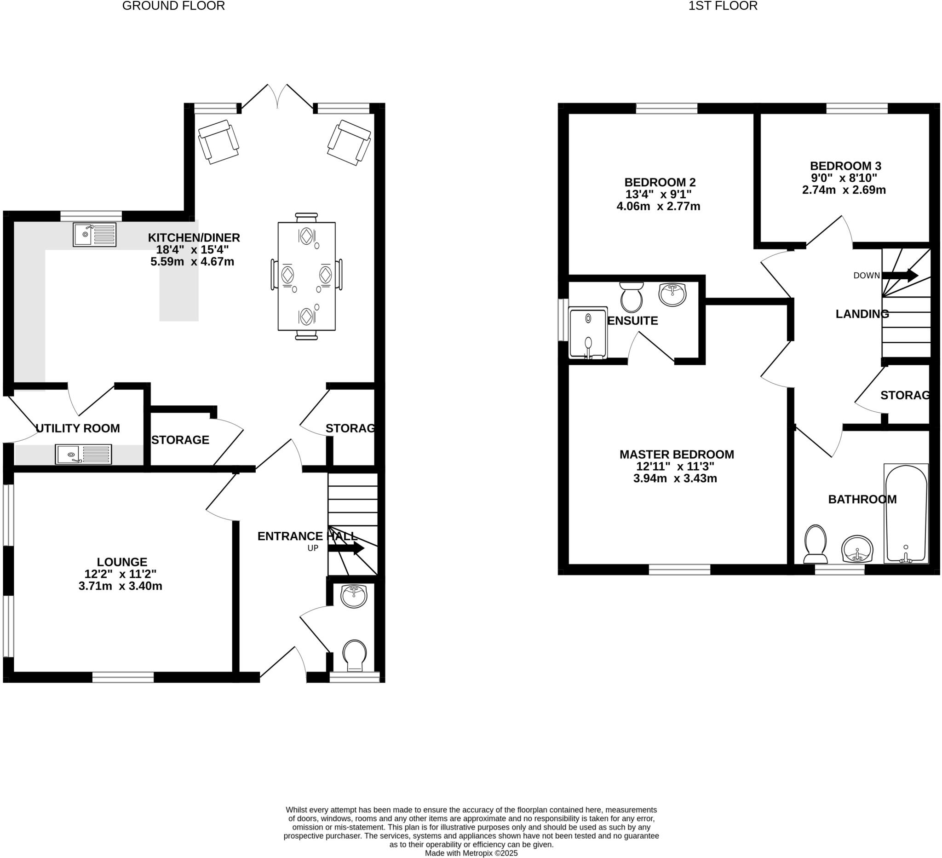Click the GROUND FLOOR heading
click(173, 6)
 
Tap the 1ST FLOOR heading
click(723, 6)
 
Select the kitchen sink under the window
click(95, 235)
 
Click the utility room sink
click(84, 454)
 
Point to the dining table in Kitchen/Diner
click(306, 276)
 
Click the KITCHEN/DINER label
click(194, 238)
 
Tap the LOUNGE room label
click(122, 562)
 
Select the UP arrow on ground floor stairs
click(346, 548)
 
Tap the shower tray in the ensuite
click(588, 333)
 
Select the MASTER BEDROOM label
click(677, 454)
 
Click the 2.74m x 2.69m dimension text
click(844, 190)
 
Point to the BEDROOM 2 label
click(660, 182)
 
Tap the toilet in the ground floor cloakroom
click(355, 655)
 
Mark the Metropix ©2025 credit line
click(471, 853)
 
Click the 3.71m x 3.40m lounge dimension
click(120, 586)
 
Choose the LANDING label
click(862, 314)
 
